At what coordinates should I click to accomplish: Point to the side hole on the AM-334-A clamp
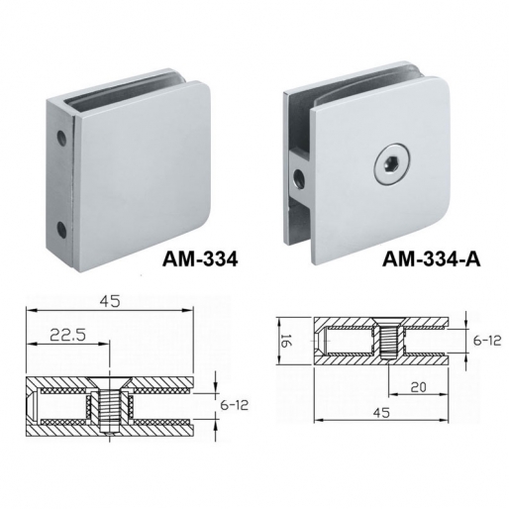tap(295, 180)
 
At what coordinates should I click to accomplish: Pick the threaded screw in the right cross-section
tap(387, 343)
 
